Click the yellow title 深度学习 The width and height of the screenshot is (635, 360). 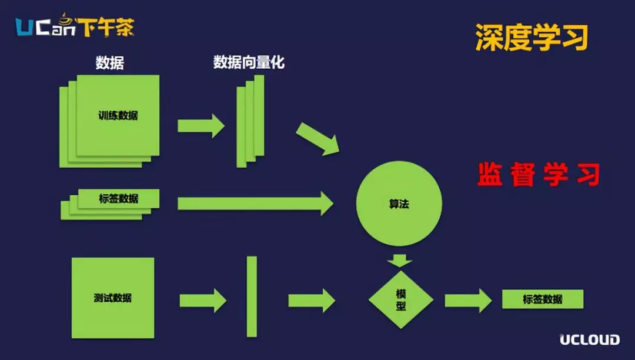[532, 38]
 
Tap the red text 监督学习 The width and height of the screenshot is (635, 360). [539, 175]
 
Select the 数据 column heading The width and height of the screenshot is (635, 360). [109, 63]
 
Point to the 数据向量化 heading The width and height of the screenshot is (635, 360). [249, 62]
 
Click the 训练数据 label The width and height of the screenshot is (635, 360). [118, 115]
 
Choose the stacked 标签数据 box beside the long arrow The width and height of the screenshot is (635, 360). [118, 199]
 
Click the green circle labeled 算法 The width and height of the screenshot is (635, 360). [399, 204]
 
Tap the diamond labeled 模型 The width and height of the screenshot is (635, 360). [400, 299]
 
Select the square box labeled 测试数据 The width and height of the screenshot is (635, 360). [112, 298]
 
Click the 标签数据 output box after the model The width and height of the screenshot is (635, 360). [542, 299]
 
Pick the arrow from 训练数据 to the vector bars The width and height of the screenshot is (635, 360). [201, 125]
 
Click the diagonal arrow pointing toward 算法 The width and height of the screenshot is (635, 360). [318, 139]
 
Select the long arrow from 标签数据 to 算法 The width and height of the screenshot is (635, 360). [255, 203]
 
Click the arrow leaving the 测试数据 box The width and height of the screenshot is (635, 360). [203, 301]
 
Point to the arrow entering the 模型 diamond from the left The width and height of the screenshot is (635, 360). [312, 301]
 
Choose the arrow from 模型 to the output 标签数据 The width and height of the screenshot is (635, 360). [468, 301]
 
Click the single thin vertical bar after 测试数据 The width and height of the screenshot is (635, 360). [252, 296]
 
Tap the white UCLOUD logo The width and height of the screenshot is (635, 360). [589, 339]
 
